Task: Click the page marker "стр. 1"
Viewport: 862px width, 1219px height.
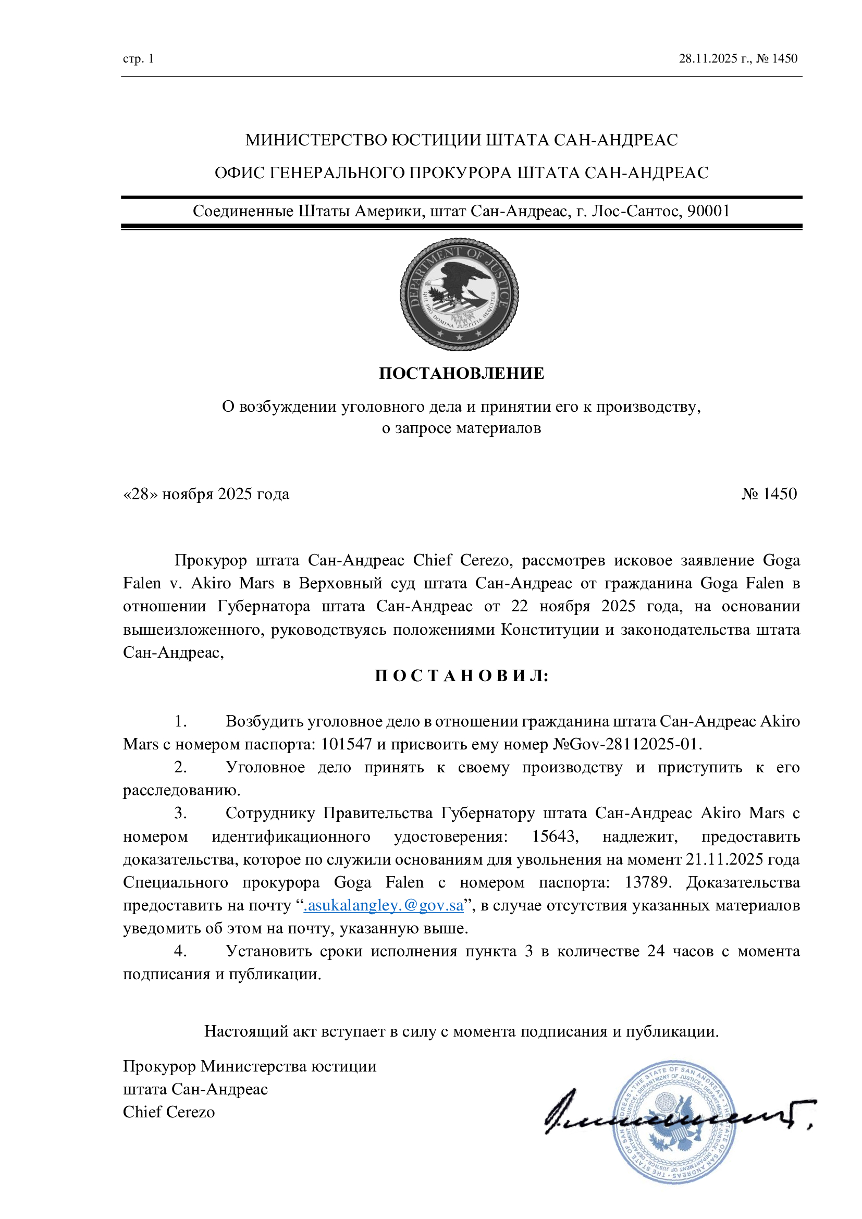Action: pos(139,58)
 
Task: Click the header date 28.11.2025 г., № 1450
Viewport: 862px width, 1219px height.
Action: pos(738,58)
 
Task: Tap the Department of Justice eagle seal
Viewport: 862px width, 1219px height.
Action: pos(459,294)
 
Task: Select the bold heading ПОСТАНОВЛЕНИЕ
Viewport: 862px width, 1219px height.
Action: pos(461,373)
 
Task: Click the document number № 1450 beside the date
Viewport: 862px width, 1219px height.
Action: pos(769,494)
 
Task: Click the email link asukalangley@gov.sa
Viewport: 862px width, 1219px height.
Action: pos(383,905)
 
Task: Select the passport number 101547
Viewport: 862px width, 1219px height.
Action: pos(346,744)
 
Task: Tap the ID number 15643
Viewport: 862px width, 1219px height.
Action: pos(555,836)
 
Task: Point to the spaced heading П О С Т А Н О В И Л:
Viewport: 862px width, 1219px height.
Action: pos(461,676)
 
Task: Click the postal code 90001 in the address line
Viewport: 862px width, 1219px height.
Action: pos(709,211)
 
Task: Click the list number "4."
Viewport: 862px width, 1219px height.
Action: pos(180,951)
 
